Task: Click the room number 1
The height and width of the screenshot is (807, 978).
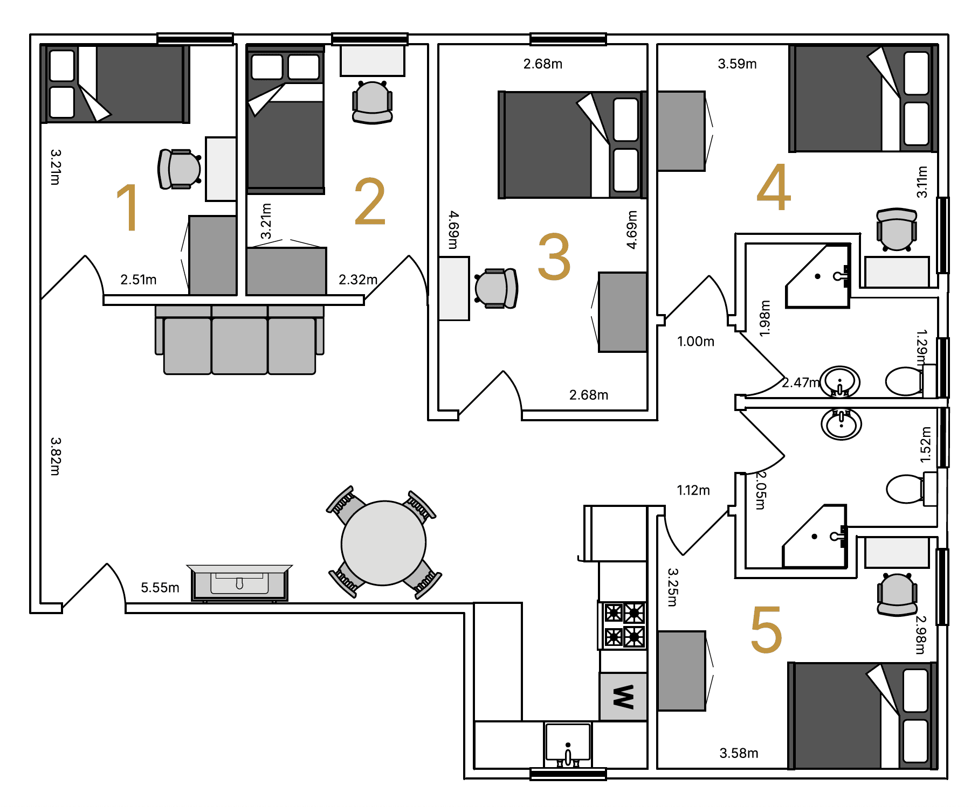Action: [128, 207]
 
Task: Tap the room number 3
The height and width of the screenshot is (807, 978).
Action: [554, 256]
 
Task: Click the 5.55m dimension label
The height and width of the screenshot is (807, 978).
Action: [160, 587]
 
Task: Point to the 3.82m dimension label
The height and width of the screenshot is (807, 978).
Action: [56, 456]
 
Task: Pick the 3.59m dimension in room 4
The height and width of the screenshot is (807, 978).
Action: [737, 64]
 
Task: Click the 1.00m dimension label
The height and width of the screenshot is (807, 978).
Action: [695, 341]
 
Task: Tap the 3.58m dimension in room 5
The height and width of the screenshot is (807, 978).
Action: [739, 753]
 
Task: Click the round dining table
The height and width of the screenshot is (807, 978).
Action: [383, 543]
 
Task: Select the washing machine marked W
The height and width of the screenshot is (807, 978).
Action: [623, 696]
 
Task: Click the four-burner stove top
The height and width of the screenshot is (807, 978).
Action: [623, 625]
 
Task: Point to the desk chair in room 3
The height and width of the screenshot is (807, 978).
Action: [496, 288]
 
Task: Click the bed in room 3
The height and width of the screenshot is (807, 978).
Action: [572, 145]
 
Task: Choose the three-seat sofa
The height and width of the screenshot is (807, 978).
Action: [239, 339]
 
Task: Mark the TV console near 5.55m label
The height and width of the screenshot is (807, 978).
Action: [239, 583]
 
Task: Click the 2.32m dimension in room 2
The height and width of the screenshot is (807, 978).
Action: [358, 280]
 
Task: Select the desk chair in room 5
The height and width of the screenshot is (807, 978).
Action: [897, 594]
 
